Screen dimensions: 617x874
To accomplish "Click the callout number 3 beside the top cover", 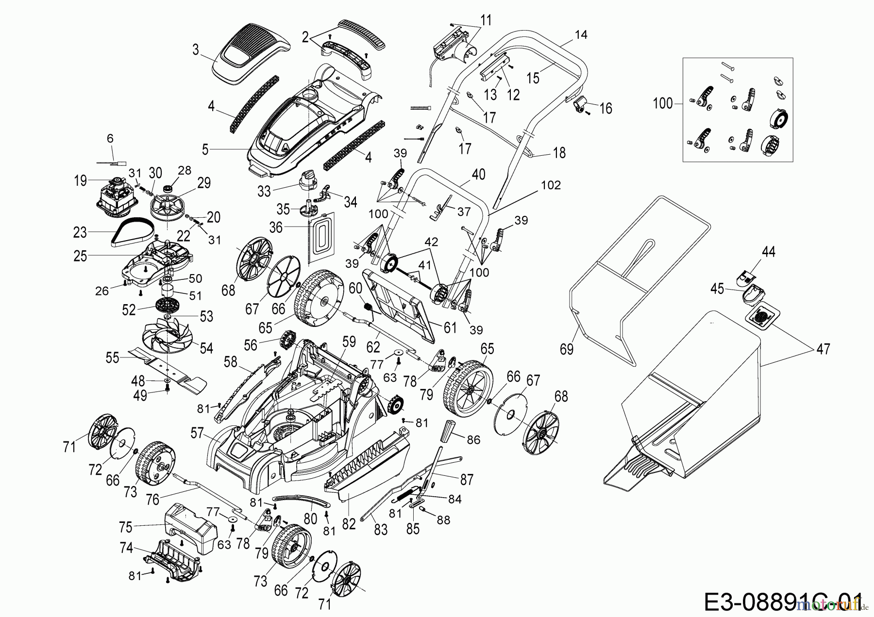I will click(x=195, y=50).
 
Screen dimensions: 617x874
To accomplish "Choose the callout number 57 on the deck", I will click(x=197, y=433).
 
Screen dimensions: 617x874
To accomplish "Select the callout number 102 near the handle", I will click(x=551, y=185).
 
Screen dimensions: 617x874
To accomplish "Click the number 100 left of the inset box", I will click(x=663, y=103).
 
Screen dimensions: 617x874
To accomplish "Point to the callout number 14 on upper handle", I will click(x=581, y=34).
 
